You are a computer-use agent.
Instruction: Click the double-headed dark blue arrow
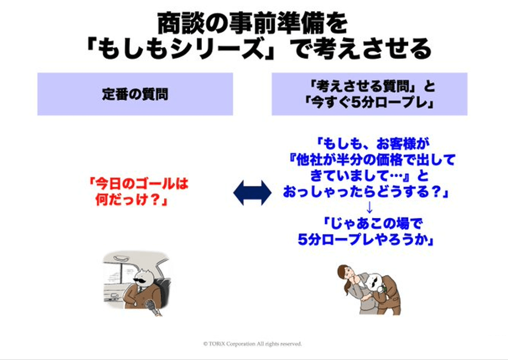252,193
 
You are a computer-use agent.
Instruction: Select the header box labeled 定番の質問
135,94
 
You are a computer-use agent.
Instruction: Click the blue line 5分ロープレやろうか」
367,239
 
